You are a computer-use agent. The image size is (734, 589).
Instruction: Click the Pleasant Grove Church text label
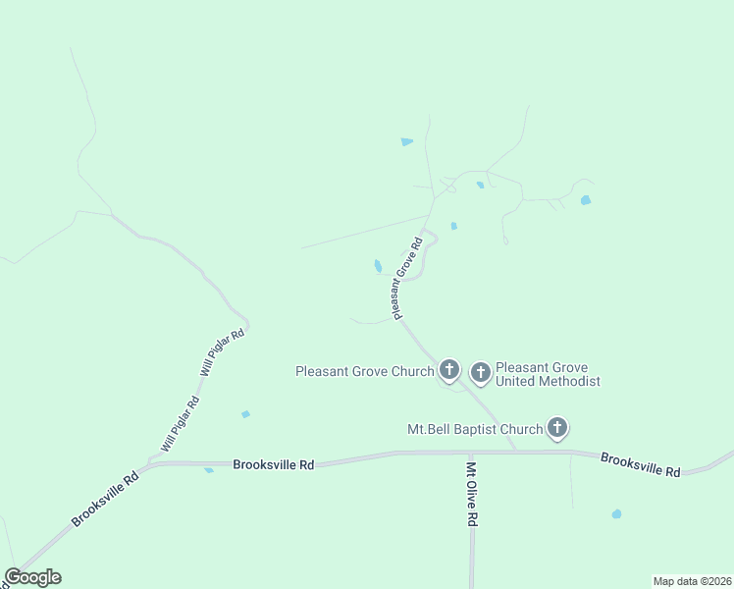click(364, 371)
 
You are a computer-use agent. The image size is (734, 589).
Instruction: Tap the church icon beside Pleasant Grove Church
click(449, 370)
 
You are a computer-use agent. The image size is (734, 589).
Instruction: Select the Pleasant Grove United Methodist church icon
click(480, 372)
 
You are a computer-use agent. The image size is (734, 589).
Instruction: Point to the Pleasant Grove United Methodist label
click(548, 374)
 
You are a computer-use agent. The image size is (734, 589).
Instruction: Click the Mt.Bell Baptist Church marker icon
click(557, 427)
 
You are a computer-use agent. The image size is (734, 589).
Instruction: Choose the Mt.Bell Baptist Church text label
click(475, 429)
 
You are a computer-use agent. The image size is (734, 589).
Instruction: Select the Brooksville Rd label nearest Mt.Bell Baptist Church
click(640, 465)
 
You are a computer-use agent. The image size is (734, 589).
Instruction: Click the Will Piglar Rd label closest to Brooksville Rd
click(182, 424)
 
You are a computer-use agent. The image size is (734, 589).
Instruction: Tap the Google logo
click(32, 577)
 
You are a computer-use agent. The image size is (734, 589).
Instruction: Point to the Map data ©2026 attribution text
click(693, 581)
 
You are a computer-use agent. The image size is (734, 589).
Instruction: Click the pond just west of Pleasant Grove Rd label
click(378, 266)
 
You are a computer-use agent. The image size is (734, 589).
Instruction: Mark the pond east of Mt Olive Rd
click(616, 513)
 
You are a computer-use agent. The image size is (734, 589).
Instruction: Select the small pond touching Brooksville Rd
click(209, 470)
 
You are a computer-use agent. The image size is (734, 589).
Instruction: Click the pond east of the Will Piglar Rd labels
click(245, 414)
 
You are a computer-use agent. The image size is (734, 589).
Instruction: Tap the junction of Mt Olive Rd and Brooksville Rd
click(470, 453)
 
